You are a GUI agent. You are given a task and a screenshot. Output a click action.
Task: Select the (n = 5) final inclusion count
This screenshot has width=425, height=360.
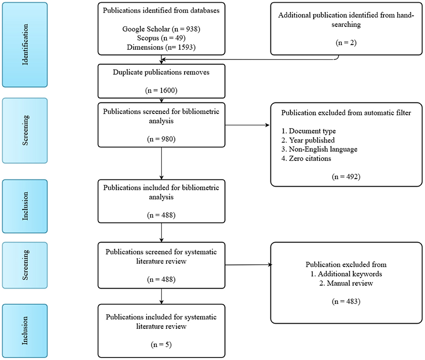161,344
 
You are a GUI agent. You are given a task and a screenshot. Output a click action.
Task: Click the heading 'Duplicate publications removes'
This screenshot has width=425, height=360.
161,72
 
